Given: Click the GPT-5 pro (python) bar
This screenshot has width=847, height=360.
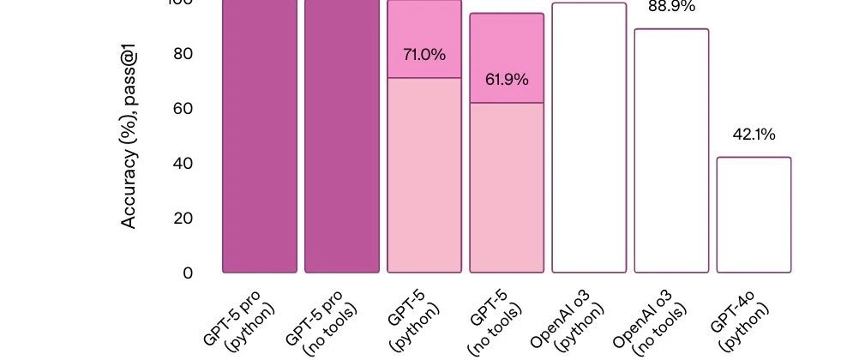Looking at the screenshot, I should pos(260,137).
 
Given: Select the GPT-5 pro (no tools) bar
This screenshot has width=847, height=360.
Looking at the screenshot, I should pos(341,137).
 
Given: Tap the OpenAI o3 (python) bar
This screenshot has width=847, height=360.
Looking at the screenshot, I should pos(589,137).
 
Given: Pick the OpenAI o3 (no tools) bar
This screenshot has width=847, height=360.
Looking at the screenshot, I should pos(671,150).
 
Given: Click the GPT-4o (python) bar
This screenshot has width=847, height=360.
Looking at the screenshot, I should pos(754,214).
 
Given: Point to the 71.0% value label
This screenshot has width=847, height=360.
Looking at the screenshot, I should pos(424,55).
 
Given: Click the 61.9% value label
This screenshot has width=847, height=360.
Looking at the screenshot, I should pos(507,80).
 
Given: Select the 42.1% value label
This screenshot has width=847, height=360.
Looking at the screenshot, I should pos(754,135).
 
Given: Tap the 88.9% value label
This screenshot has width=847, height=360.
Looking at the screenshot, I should pos(671,7).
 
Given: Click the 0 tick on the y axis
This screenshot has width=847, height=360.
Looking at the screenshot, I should pos(187,273).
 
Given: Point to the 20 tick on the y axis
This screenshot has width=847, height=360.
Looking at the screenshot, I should pos(183,218).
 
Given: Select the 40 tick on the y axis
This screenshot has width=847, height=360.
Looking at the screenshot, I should pos(183,163).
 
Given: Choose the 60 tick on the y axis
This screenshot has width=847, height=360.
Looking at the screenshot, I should pos(183,108).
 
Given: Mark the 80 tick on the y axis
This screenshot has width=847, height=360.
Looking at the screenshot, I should pos(183,53).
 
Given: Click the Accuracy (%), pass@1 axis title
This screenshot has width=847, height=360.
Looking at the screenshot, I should pos(129,137).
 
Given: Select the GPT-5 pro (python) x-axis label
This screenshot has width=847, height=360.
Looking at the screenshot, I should pos(243,319).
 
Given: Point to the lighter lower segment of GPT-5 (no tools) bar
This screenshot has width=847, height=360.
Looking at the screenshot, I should pos(507,189).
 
